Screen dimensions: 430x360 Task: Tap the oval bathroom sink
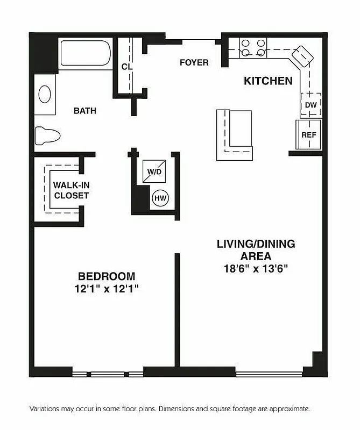45,95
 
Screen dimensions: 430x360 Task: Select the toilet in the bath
47,135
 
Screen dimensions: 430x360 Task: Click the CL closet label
127,67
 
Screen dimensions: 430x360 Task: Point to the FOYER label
194,63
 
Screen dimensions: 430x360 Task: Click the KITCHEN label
268,81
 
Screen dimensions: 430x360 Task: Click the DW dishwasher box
310,105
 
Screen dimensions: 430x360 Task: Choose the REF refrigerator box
308,135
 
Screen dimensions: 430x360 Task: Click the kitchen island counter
234,135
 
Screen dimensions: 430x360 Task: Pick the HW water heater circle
160,198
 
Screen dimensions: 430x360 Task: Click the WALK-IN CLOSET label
70,190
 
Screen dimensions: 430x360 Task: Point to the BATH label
85,111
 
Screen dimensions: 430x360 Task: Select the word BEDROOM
107,276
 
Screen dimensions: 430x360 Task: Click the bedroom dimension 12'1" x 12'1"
107,289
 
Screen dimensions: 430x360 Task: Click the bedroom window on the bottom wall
108,373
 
